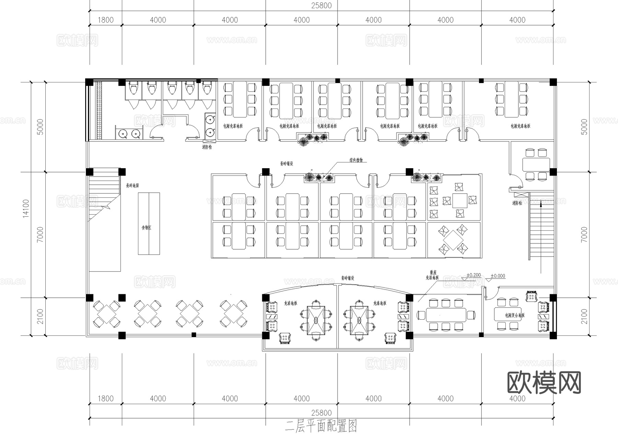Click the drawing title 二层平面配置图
pyautogui.click(x=321, y=426)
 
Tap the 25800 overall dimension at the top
pyautogui.click(x=321, y=5)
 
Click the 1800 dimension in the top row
pyautogui.click(x=105, y=20)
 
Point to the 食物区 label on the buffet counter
pyautogui.click(x=147, y=228)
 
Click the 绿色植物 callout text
pyautogui.click(x=356, y=160)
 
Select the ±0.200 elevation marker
pyautogui.click(x=473, y=275)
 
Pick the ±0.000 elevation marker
pyautogui.click(x=497, y=276)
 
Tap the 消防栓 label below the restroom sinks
pyautogui.click(x=207, y=147)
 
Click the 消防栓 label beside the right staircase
pyautogui.click(x=517, y=203)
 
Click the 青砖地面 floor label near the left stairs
pyautogui.click(x=132, y=185)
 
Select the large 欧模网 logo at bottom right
pyautogui.click(x=544, y=382)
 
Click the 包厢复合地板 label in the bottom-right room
pyautogui.click(x=515, y=315)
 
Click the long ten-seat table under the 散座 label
pyautogui.click(x=446, y=314)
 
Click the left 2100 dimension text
pyautogui.click(x=40, y=316)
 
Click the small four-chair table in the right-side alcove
pyautogui.click(x=536, y=164)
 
